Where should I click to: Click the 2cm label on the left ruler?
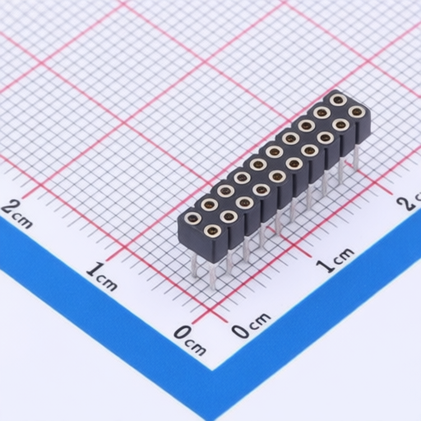17,213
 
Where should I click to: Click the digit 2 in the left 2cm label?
10,208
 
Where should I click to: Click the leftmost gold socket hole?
192,218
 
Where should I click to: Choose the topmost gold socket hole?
338,99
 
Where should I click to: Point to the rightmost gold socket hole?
356,112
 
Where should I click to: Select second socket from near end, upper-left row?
209,204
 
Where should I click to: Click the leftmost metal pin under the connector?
194,263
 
